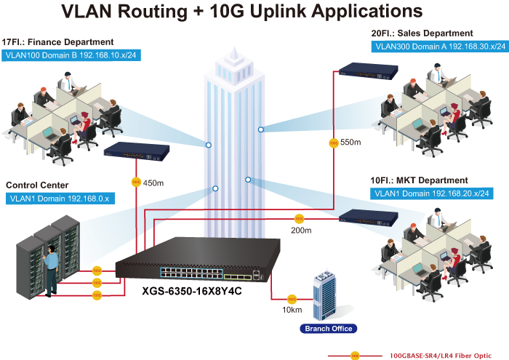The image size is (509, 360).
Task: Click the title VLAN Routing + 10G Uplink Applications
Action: pos(242,12)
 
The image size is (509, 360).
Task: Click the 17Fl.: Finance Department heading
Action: pos(58,42)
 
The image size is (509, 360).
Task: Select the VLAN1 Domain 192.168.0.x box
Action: pos(59,198)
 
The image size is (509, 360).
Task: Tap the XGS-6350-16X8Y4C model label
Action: pos(191,290)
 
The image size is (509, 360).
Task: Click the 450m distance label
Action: pos(153,183)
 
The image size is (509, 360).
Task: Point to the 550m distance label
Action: pos(350,143)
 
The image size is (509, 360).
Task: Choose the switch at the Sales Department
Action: pos(366,70)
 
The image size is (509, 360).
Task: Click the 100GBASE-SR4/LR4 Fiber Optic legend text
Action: pos(441,356)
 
